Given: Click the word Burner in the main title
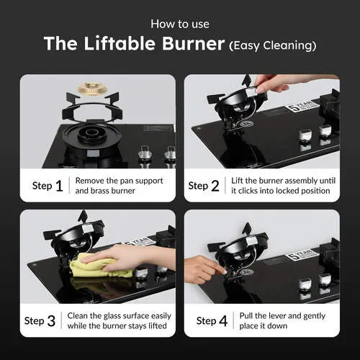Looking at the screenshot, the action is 193,43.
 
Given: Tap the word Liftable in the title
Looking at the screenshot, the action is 120,43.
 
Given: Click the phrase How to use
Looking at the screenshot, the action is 180,24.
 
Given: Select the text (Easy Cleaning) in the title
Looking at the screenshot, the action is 273,45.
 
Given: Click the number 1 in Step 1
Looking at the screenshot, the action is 59,186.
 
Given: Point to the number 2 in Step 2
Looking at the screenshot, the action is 215,186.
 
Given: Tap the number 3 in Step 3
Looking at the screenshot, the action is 51,321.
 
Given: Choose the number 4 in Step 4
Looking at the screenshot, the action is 223,321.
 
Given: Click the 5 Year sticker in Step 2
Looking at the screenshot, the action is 302,106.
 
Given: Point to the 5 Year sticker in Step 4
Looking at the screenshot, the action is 302,255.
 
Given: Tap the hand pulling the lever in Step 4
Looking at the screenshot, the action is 204,269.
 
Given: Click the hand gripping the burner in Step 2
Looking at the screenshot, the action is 283,83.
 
